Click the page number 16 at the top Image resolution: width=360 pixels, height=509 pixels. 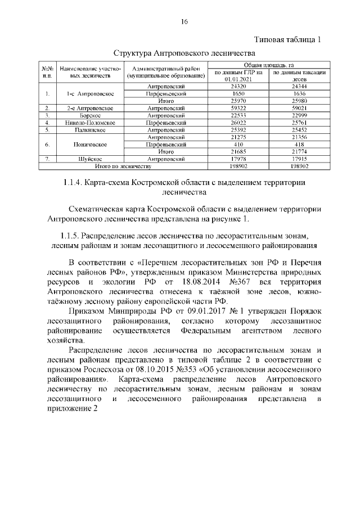pyautogui.click(x=183, y=22)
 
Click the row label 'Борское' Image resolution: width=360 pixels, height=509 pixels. pyautogui.click(x=87, y=115)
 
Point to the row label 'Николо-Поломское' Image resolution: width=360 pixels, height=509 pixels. pyautogui.click(x=87, y=122)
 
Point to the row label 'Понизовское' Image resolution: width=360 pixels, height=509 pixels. pyautogui.click(x=87, y=144)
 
